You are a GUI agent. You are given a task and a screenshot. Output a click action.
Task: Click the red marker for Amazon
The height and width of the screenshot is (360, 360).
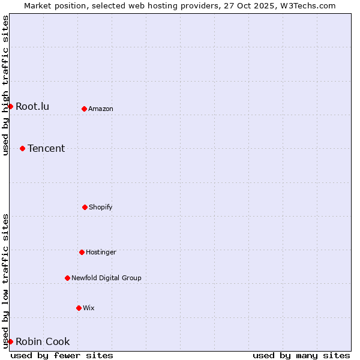[x=84, y=109]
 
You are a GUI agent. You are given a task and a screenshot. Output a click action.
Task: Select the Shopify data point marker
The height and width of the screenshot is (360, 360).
[x=85, y=207]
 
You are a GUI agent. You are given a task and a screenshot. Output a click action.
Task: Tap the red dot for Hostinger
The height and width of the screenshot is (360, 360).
[x=82, y=252]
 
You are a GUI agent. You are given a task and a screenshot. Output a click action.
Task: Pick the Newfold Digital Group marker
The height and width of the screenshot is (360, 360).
[x=67, y=278]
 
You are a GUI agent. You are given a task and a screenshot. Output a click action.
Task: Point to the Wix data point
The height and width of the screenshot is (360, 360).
[x=79, y=308]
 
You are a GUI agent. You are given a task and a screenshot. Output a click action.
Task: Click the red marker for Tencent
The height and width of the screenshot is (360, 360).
[x=22, y=148]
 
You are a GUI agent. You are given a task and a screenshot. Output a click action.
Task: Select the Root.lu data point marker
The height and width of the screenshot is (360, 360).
[x=10, y=106]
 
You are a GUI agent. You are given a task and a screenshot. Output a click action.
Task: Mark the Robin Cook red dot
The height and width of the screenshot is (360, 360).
[x=10, y=341]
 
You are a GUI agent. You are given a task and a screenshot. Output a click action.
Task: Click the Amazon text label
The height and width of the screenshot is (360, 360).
[x=101, y=109]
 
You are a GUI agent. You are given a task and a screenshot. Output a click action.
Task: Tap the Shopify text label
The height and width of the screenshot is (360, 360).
[x=101, y=207]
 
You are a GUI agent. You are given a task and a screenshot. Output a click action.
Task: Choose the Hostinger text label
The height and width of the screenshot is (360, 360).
[x=101, y=252]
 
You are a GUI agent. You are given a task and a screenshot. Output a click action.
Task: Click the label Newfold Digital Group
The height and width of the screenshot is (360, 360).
[x=106, y=278]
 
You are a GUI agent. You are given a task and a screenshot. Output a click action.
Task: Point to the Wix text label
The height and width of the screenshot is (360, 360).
[x=89, y=308]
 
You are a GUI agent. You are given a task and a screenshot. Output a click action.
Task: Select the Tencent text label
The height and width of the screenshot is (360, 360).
[x=46, y=148]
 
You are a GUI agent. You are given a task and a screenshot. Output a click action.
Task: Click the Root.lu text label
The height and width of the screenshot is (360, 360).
[x=32, y=106]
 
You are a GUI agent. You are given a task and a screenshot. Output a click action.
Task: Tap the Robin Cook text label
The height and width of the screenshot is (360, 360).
[x=43, y=341]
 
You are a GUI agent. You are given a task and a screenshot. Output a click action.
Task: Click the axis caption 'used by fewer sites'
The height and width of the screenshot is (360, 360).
[x=62, y=355]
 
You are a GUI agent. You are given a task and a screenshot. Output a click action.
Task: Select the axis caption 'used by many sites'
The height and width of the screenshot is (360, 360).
[x=301, y=355]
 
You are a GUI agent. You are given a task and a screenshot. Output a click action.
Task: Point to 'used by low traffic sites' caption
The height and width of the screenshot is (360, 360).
[x=5, y=281]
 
